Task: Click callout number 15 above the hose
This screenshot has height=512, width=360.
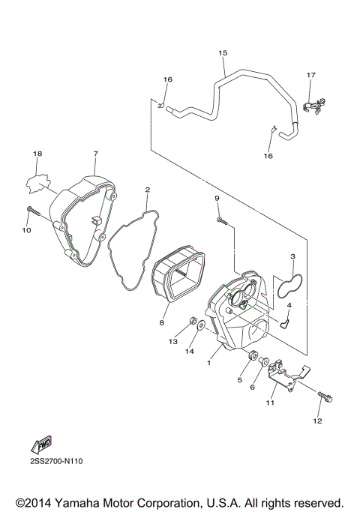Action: pyautogui.click(x=222, y=53)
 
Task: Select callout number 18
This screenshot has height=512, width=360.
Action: pyautogui.click(x=37, y=154)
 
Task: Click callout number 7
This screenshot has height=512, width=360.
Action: pyautogui.click(x=95, y=154)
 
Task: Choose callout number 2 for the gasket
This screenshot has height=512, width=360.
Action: pyautogui.click(x=148, y=190)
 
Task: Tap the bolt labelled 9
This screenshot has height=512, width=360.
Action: pyautogui.click(x=220, y=219)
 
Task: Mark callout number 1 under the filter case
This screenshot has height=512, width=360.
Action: pyautogui.click(x=211, y=361)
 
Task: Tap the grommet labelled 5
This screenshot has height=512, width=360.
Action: pyautogui.click(x=255, y=356)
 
